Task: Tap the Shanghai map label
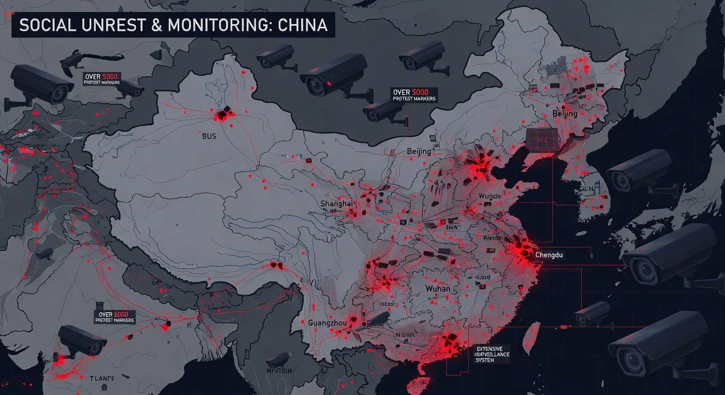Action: click(x=336, y=204)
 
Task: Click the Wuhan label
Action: click(x=438, y=289)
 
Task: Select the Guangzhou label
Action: click(x=327, y=323)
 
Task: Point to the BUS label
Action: click(x=210, y=137)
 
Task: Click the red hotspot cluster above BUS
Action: click(x=223, y=115)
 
